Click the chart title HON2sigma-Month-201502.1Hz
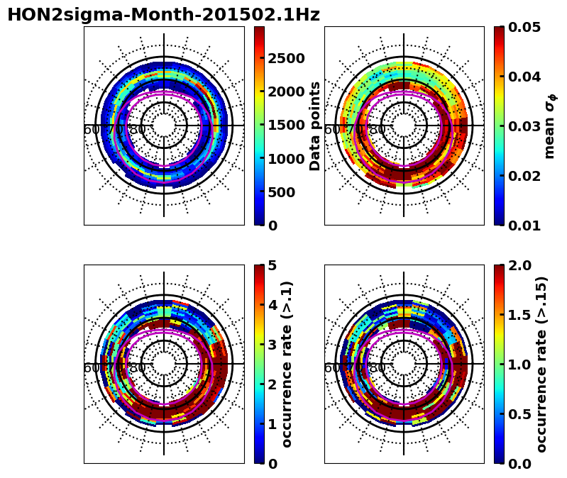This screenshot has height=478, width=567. tap(163, 15)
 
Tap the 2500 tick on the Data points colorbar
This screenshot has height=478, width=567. tap(286, 58)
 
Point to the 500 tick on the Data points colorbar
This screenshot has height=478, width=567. tap(282, 192)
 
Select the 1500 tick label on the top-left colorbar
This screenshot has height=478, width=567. tap(286, 126)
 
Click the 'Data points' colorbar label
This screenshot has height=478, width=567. tap(315, 126)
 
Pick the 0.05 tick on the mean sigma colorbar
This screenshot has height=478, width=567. tap(526, 28)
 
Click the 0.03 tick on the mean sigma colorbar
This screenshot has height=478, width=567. tap(526, 126)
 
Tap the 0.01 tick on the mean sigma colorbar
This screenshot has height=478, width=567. tap(526, 226)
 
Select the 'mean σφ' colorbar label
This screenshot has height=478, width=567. tap(550, 126)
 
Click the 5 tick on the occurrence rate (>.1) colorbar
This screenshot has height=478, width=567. tap(272, 266)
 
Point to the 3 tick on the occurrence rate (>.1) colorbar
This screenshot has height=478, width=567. tap(272, 345)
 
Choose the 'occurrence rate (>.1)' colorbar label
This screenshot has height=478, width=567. tap(287, 364)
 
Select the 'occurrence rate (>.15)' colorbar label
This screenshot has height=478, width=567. tap(541, 364)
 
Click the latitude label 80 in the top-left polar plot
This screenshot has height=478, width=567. tap(138, 130)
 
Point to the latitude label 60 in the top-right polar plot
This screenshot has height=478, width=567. tap(332, 130)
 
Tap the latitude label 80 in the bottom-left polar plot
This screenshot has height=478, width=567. tap(138, 368)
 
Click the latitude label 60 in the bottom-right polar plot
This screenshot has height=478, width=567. tap(332, 368)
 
